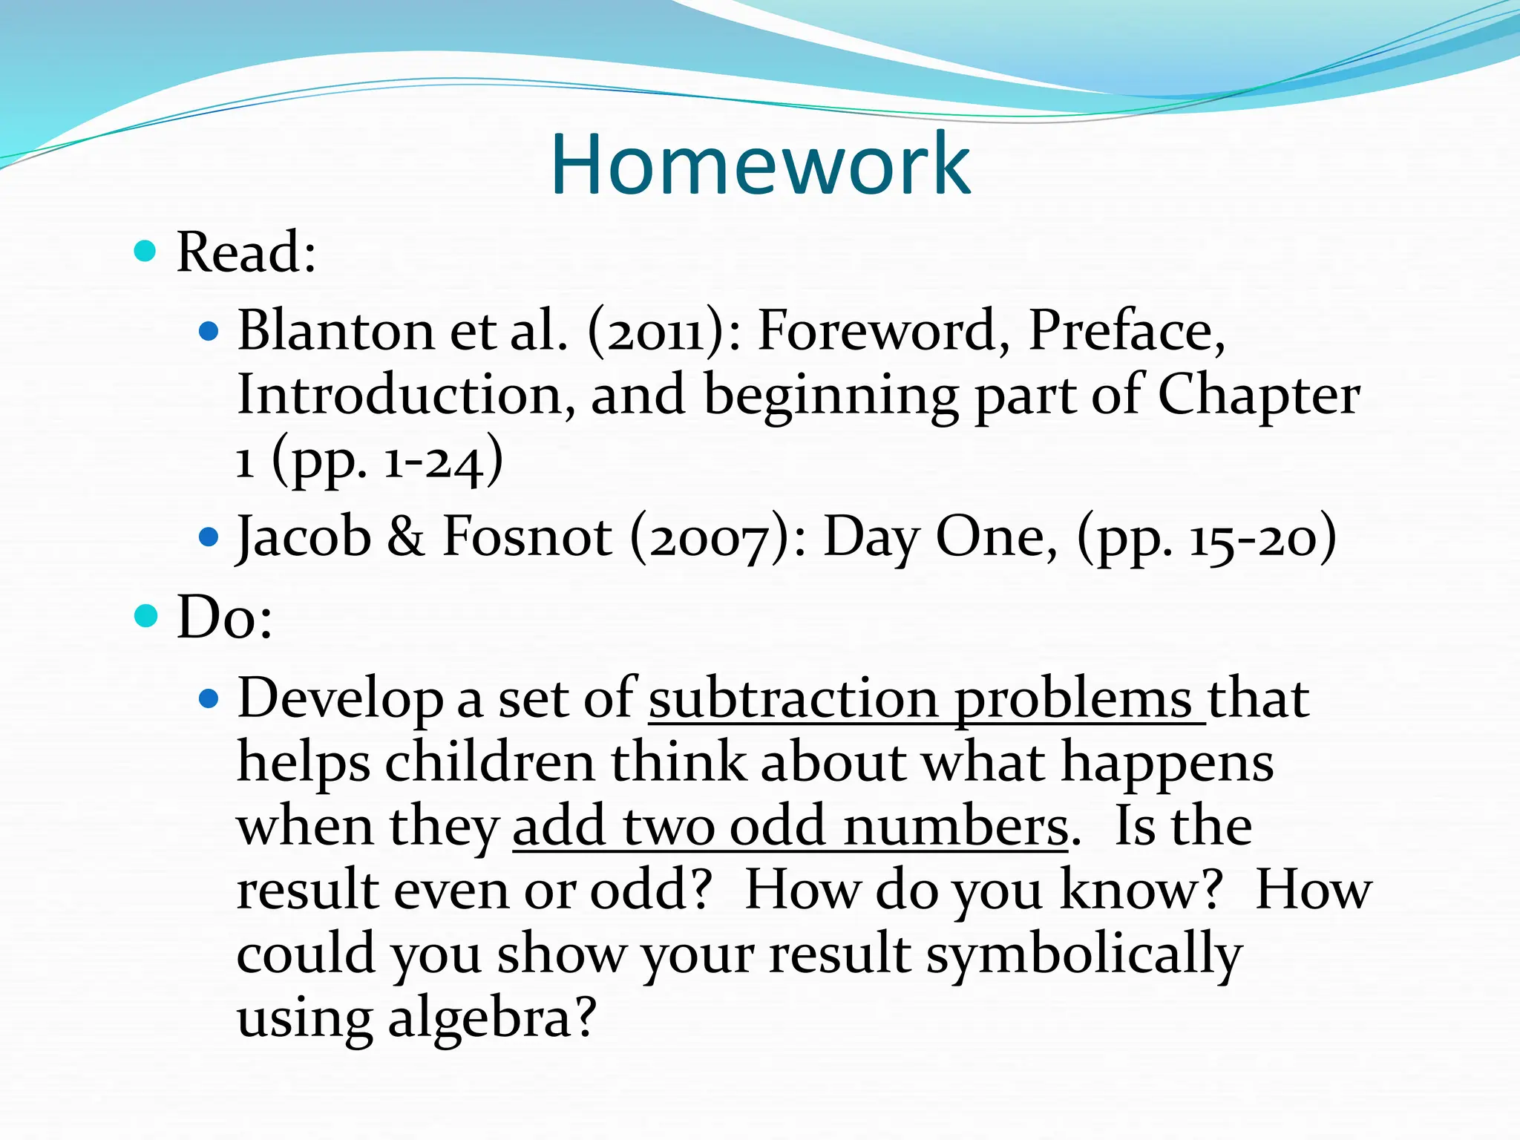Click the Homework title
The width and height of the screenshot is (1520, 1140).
(760, 164)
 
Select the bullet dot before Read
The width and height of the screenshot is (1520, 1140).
(145, 251)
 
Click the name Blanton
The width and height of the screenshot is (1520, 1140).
(335, 330)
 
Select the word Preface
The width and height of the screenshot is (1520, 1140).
(1124, 330)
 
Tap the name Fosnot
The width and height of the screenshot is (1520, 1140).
(527, 537)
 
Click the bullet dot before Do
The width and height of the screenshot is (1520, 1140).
(146, 616)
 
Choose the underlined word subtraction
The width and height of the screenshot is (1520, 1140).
(793, 698)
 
